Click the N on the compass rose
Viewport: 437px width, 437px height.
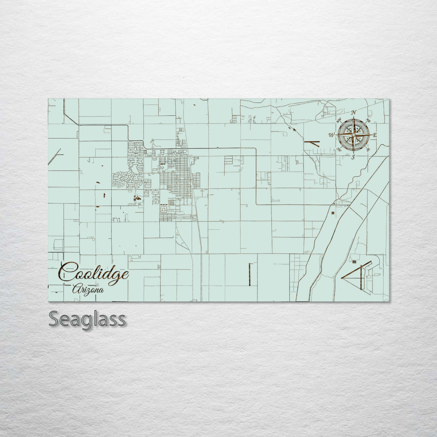[354, 112]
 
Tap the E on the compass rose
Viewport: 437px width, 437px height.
[375, 135]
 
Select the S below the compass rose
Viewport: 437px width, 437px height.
[353, 157]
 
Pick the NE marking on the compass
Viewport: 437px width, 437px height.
[368, 121]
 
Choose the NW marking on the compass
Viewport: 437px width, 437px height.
[339, 120]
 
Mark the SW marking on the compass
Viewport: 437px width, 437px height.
[339, 149]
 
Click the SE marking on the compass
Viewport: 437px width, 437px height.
[368, 149]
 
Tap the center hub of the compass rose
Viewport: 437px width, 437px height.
[354, 135]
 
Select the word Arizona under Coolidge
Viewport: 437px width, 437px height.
[88, 290]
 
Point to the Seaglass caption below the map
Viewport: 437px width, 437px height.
[87, 319]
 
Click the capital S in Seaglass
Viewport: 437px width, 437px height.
[55, 319]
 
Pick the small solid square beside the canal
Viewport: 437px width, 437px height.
[333, 213]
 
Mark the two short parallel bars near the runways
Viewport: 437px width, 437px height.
[354, 262]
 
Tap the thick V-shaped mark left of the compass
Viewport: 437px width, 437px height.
[312, 143]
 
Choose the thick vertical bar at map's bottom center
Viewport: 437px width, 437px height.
[250, 274]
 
